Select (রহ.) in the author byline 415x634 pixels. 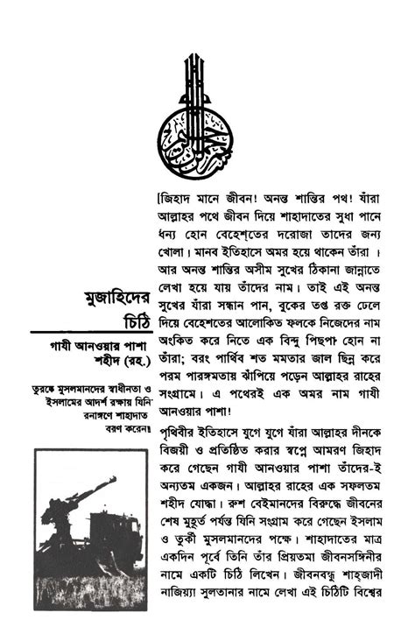point(129,359)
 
